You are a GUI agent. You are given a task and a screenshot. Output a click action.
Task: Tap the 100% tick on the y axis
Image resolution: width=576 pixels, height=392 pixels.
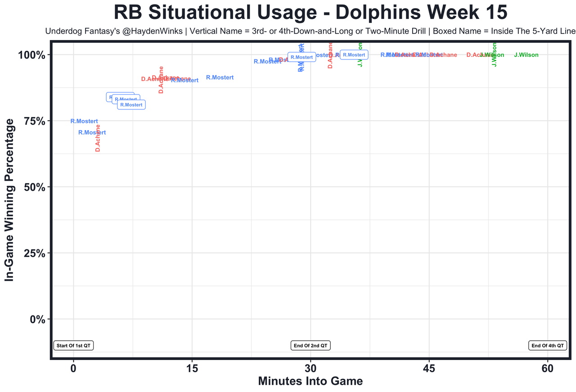(31, 55)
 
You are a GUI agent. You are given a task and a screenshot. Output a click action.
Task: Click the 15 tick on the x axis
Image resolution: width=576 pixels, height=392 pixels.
(192, 369)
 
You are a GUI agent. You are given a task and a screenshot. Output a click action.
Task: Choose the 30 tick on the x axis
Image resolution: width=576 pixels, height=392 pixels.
(310, 369)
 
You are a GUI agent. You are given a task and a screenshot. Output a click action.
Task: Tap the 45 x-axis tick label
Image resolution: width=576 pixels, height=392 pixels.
(429, 369)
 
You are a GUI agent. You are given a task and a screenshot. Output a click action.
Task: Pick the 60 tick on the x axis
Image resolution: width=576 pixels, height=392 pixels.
(548, 369)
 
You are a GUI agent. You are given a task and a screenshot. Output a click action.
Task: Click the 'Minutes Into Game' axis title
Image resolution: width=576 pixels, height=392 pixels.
(310, 382)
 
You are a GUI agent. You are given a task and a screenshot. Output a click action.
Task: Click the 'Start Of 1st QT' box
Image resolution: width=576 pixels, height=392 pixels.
(73, 346)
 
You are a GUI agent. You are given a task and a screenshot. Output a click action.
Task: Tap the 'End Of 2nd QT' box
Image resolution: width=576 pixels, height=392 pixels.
(310, 346)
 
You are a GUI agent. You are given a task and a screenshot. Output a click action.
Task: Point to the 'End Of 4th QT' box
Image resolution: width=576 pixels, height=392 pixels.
(548, 346)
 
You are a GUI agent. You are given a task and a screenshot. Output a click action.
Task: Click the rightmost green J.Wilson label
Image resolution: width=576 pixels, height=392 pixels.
(526, 55)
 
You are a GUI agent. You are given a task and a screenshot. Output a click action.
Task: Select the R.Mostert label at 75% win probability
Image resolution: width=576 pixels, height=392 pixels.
(84, 121)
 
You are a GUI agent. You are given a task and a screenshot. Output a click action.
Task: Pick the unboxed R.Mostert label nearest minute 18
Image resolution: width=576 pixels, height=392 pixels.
(220, 77)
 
